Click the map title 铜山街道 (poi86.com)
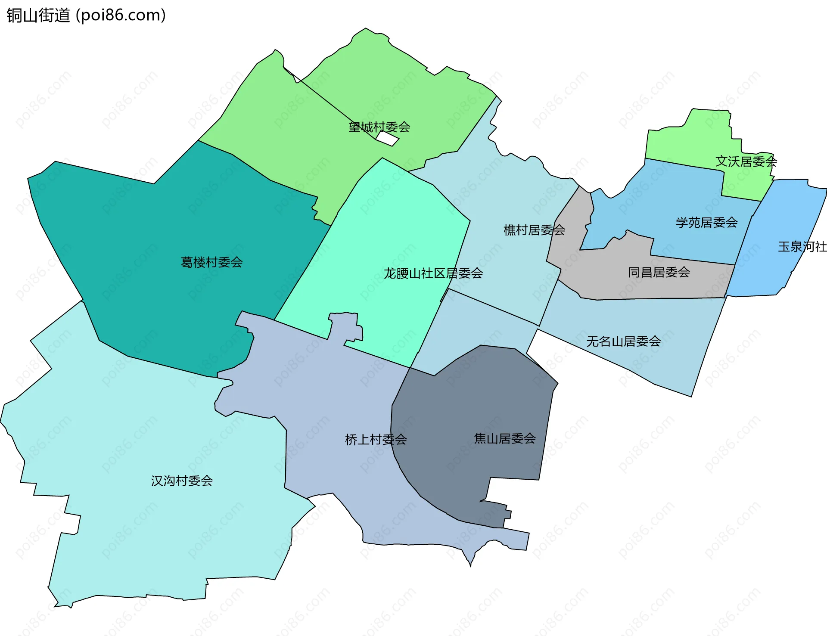(86, 16)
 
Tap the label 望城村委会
(379, 127)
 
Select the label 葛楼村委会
(211, 262)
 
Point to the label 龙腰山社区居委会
(433, 273)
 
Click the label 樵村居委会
(534, 230)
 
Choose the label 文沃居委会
(746, 161)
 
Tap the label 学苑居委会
(706, 223)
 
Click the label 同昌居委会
(659, 272)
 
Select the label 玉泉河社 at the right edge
(802, 247)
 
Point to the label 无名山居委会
(623, 341)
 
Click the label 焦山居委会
(504, 438)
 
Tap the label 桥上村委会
(376, 440)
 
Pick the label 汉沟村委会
(182, 481)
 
